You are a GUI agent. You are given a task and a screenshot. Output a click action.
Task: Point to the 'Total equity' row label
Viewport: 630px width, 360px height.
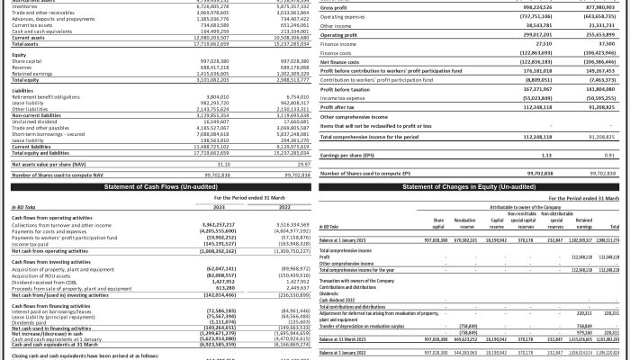coord(27,80)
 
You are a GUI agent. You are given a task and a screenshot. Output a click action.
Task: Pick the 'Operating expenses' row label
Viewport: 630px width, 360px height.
coord(343,16)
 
